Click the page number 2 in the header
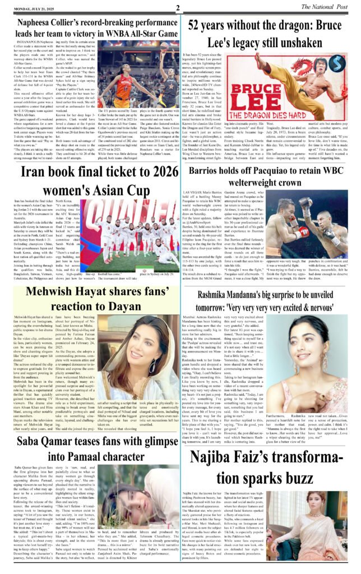pos(177,7)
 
